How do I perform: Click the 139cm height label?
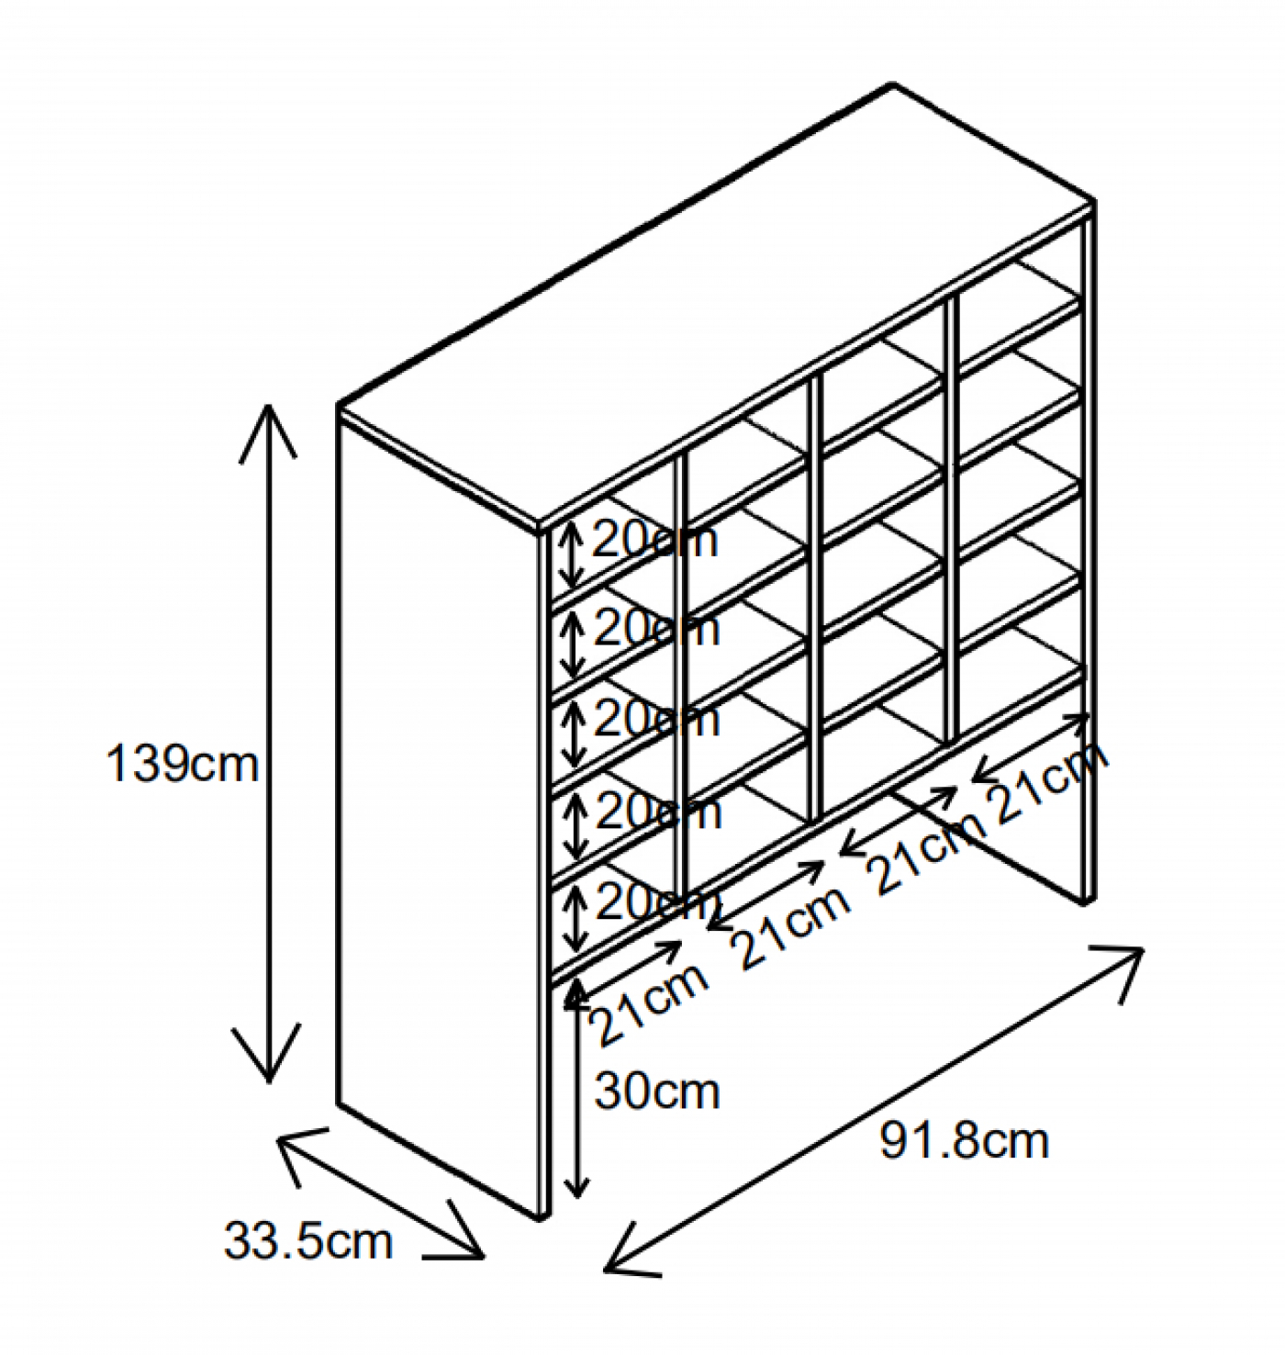(x=183, y=764)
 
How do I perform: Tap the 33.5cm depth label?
(x=307, y=1241)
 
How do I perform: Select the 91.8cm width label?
(x=964, y=1141)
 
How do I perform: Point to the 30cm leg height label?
(x=656, y=1092)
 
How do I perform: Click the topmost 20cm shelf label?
(x=654, y=540)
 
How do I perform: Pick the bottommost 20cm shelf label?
(x=657, y=904)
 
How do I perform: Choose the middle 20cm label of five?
(x=656, y=720)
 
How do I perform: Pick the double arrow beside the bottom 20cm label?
(x=575, y=919)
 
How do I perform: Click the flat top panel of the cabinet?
(x=716, y=303)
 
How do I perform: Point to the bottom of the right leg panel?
(x=1085, y=895)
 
